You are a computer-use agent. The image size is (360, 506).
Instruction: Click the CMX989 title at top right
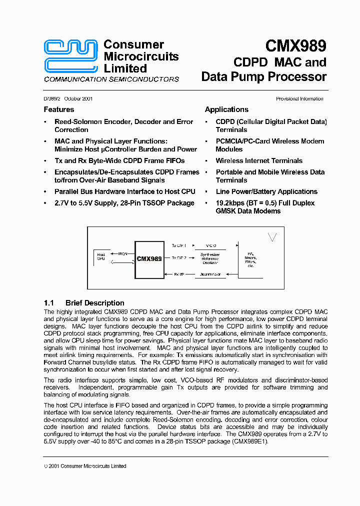(295, 46)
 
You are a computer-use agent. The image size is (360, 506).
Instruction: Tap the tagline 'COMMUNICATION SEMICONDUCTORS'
(111, 79)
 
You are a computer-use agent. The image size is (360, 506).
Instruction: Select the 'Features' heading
(58, 109)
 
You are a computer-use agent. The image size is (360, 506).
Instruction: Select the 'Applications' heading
(226, 109)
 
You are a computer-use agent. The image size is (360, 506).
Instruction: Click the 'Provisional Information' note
(299, 99)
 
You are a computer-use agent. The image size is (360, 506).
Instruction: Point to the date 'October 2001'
(78, 99)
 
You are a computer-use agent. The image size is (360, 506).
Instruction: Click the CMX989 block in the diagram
(149, 259)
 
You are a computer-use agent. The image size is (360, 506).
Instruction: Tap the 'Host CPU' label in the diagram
(101, 257)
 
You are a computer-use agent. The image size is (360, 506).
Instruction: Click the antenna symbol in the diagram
(272, 237)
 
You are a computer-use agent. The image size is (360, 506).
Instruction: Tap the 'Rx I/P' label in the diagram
(179, 274)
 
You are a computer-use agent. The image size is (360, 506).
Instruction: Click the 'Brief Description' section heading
(94, 303)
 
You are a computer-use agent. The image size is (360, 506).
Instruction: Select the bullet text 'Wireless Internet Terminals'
(259, 160)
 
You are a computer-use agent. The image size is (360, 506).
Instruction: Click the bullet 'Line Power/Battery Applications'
(266, 191)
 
